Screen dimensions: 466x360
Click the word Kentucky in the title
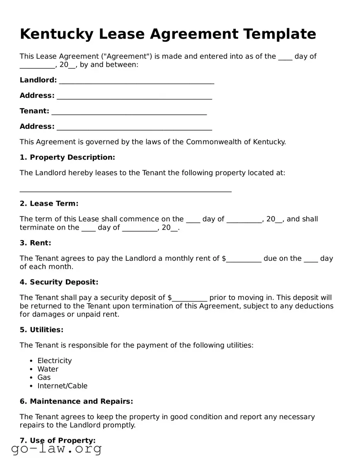click(56, 34)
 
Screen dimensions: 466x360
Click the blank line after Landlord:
click(136, 82)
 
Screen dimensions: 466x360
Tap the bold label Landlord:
click(38, 80)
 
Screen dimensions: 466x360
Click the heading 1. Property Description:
click(67, 157)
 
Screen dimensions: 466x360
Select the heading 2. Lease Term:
click(49, 204)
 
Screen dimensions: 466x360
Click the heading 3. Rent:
click(35, 243)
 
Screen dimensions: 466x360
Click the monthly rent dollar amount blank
click(244, 260)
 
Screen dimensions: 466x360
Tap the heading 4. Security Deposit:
click(59, 282)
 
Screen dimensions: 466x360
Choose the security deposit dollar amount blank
click(189, 299)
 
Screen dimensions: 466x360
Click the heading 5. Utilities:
click(41, 330)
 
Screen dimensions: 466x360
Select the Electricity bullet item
click(54, 361)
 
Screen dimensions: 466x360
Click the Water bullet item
click(48, 369)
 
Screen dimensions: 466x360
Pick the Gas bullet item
click(44, 377)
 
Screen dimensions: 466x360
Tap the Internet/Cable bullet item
click(62, 386)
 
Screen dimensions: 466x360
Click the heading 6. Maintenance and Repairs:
click(76, 401)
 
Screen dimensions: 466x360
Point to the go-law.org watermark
click(56, 449)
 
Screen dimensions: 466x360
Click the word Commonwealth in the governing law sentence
click(213, 142)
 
